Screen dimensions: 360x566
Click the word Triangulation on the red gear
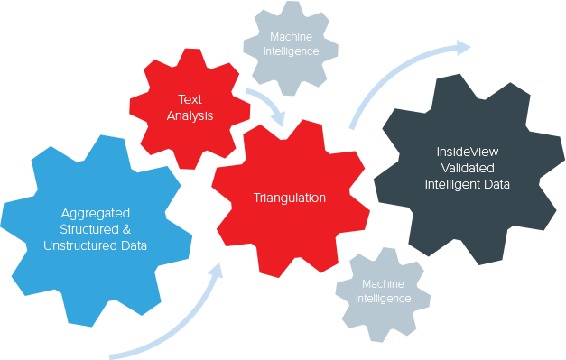click(x=290, y=198)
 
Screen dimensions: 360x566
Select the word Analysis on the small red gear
click(x=190, y=116)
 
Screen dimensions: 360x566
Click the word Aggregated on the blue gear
click(x=97, y=214)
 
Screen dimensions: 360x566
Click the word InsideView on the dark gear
click(x=467, y=152)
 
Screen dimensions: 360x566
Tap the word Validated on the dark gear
click(x=468, y=168)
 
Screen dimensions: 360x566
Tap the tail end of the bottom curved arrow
click(x=112, y=354)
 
